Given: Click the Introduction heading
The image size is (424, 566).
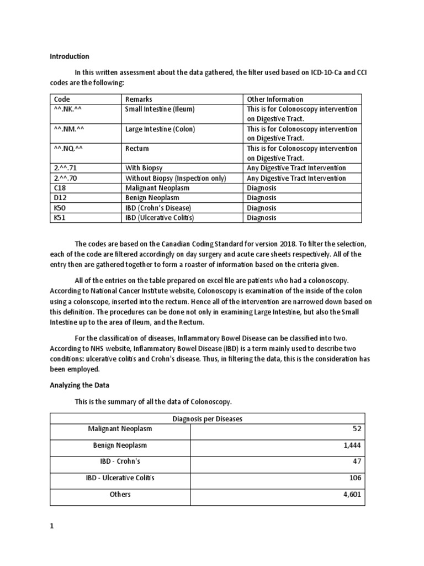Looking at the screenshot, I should (x=70, y=56).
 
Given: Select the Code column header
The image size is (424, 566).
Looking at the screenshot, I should (x=62, y=99).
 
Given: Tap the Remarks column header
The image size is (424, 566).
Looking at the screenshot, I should (x=139, y=99).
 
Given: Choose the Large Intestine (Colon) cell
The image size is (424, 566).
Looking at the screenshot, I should (x=160, y=129).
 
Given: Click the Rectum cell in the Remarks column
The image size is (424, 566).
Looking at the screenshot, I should (x=137, y=149).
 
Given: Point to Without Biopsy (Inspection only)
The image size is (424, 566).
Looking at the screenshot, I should (x=176, y=178).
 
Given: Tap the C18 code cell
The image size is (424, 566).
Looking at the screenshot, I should (x=59, y=188).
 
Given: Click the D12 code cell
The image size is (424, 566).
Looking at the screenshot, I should (x=60, y=198).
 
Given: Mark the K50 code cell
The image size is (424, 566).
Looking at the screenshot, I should (x=59, y=208).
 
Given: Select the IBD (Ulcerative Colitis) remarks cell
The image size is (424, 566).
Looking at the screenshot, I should (x=163, y=218).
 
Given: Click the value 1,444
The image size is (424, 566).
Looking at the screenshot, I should (x=352, y=446).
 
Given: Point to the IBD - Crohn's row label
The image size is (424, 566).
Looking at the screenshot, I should (x=120, y=462).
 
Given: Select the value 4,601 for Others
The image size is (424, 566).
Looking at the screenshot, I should (x=352, y=495).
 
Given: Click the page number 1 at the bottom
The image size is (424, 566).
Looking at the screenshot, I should (x=52, y=527).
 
